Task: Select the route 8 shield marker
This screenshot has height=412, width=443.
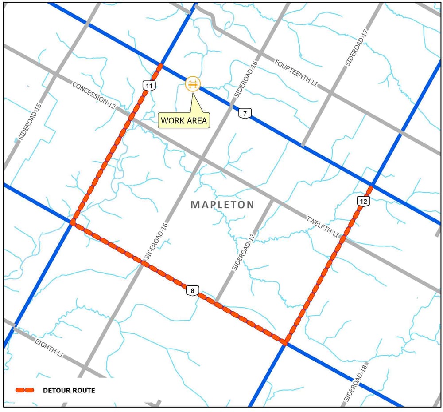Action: pyautogui.click(x=192, y=291)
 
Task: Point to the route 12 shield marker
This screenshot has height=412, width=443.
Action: pyautogui.click(x=363, y=202)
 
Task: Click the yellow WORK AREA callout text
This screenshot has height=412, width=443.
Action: pyautogui.click(x=184, y=120)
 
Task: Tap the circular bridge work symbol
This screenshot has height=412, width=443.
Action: pyautogui.click(x=193, y=83)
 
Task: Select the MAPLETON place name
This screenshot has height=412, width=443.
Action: pyautogui.click(x=222, y=205)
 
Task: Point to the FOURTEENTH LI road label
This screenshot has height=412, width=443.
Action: pyautogui.click(x=295, y=73)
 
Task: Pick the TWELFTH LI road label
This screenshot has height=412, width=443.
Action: pyautogui.click(x=322, y=226)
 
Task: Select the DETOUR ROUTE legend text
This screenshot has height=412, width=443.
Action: pyautogui.click(x=69, y=391)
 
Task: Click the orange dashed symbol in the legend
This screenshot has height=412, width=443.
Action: pyautogui.click(x=25, y=391)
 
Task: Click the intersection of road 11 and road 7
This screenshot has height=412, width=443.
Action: pyautogui.click(x=160, y=66)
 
